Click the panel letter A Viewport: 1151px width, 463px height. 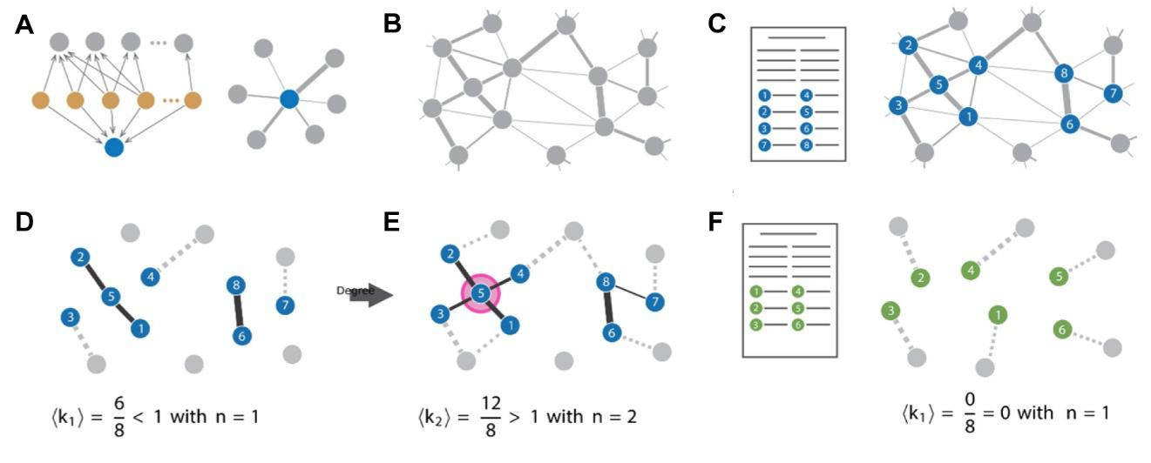tap(24, 25)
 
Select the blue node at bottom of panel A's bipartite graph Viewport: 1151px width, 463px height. tap(113, 147)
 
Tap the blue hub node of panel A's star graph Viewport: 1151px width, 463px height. tap(289, 101)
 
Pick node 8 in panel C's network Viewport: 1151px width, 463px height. tap(1061, 73)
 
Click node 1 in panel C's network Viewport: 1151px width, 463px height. tap(966, 116)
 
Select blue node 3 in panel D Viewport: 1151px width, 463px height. tap(70, 315)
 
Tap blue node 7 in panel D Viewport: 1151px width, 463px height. tap(284, 305)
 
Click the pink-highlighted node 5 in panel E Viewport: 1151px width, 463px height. tap(481, 294)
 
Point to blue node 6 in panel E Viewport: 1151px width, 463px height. tap(613, 332)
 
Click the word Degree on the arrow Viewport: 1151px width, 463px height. tap(355, 291)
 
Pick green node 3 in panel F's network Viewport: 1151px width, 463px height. tap(890, 310)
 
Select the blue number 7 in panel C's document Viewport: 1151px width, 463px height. tap(764, 144)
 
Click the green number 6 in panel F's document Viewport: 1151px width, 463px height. tap(797, 325)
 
